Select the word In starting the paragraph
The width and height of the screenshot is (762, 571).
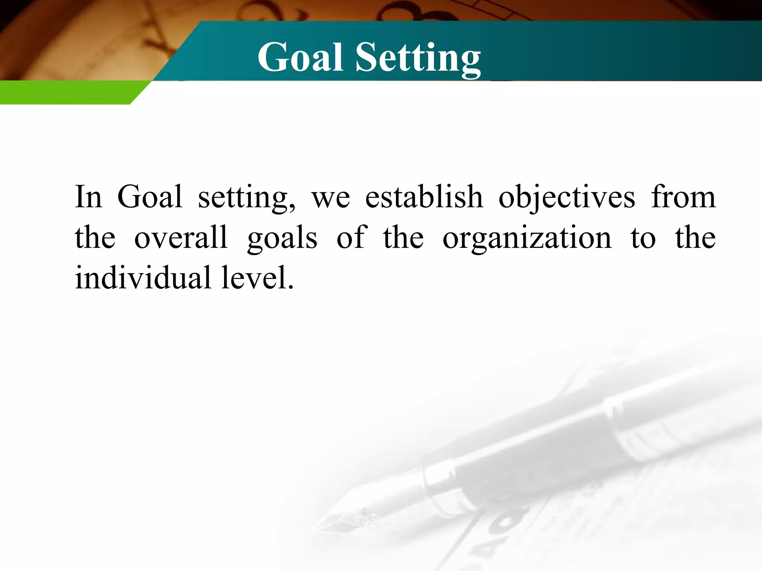click(x=88, y=197)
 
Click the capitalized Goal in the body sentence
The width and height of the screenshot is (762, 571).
click(x=150, y=197)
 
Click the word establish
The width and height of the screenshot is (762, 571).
click(x=424, y=197)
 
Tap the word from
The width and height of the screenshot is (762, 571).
click(x=683, y=197)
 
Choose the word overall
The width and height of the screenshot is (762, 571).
click(x=181, y=238)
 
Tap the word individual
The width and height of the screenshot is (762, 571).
click(x=143, y=278)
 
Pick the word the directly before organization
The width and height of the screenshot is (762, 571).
click(x=403, y=238)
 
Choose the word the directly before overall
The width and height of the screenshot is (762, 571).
click(x=95, y=238)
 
